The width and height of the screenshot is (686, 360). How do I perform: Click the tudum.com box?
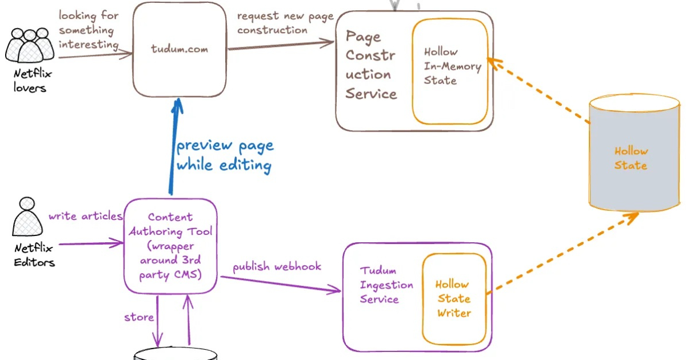(179, 50)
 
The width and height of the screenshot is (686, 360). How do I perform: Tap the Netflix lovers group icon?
(30, 45)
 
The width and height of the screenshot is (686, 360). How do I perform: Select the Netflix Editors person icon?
(27, 217)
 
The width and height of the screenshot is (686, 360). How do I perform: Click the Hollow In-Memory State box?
(450, 71)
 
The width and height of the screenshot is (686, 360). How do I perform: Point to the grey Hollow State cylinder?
(634, 154)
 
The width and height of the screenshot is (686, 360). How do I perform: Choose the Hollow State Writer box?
(454, 298)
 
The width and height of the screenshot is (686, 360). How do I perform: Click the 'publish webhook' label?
(277, 266)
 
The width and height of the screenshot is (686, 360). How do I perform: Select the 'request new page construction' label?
(285, 23)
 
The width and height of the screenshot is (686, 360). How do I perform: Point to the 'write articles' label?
(85, 216)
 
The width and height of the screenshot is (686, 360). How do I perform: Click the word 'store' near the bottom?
(139, 317)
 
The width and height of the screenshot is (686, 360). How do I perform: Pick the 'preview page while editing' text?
(225, 155)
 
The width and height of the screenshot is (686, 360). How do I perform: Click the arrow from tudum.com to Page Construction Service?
(280, 45)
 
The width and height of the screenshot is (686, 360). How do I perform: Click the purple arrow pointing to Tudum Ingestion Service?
(280, 284)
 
